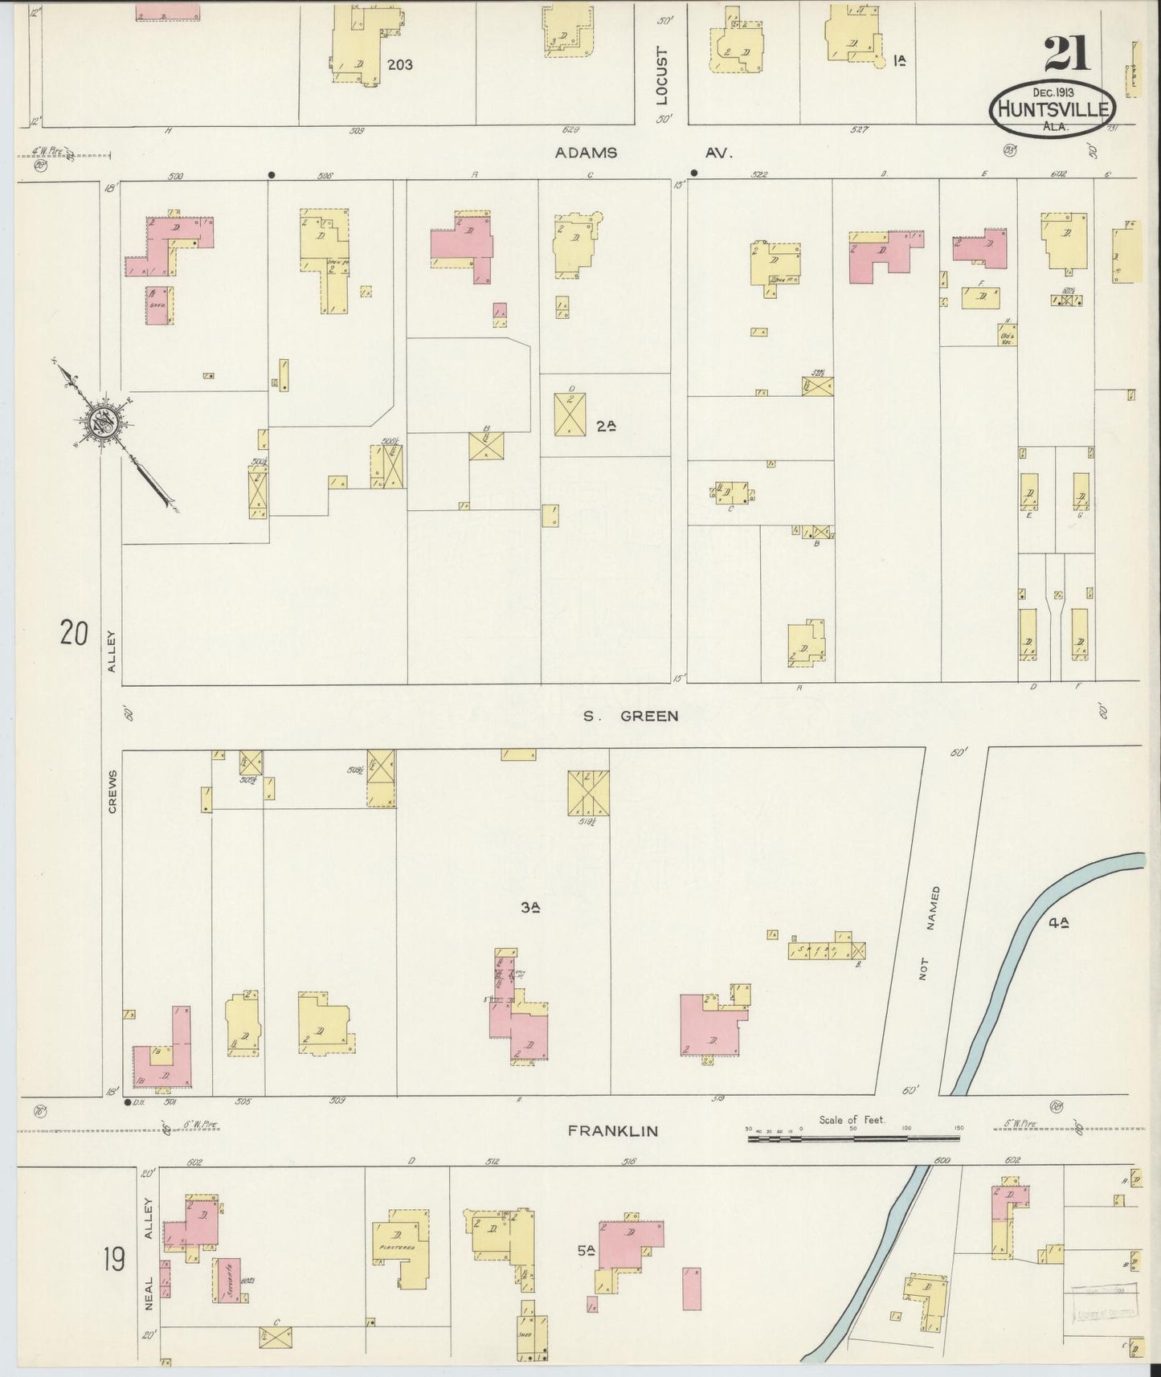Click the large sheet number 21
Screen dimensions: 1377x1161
(x=1067, y=54)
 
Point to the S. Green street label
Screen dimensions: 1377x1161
(x=631, y=716)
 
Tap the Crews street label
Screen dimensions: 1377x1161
(x=112, y=791)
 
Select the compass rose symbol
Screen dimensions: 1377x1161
(x=104, y=421)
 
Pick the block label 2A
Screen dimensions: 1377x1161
(x=607, y=427)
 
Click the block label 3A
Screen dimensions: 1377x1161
(x=529, y=908)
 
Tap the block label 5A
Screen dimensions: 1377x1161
(x=583, y=1251)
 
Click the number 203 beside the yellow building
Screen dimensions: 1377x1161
(x=400, y=64)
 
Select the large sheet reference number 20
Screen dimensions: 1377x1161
(x=73, y=634)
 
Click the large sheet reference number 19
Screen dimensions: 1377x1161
(x=113, y=1260)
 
